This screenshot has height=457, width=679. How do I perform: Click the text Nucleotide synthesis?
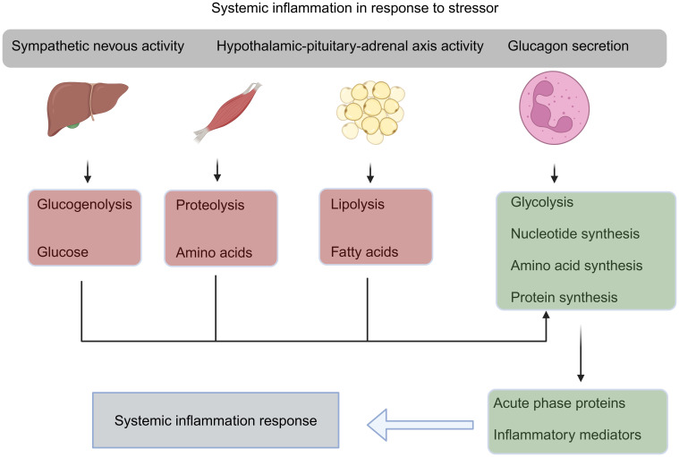(x=574, y=233)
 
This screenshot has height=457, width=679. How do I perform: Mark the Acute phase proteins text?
(x=559, y=403)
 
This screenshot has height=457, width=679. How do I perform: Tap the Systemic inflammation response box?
(x=216, y=419)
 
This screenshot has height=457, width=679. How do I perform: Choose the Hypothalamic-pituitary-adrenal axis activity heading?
(x=350, y=47)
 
